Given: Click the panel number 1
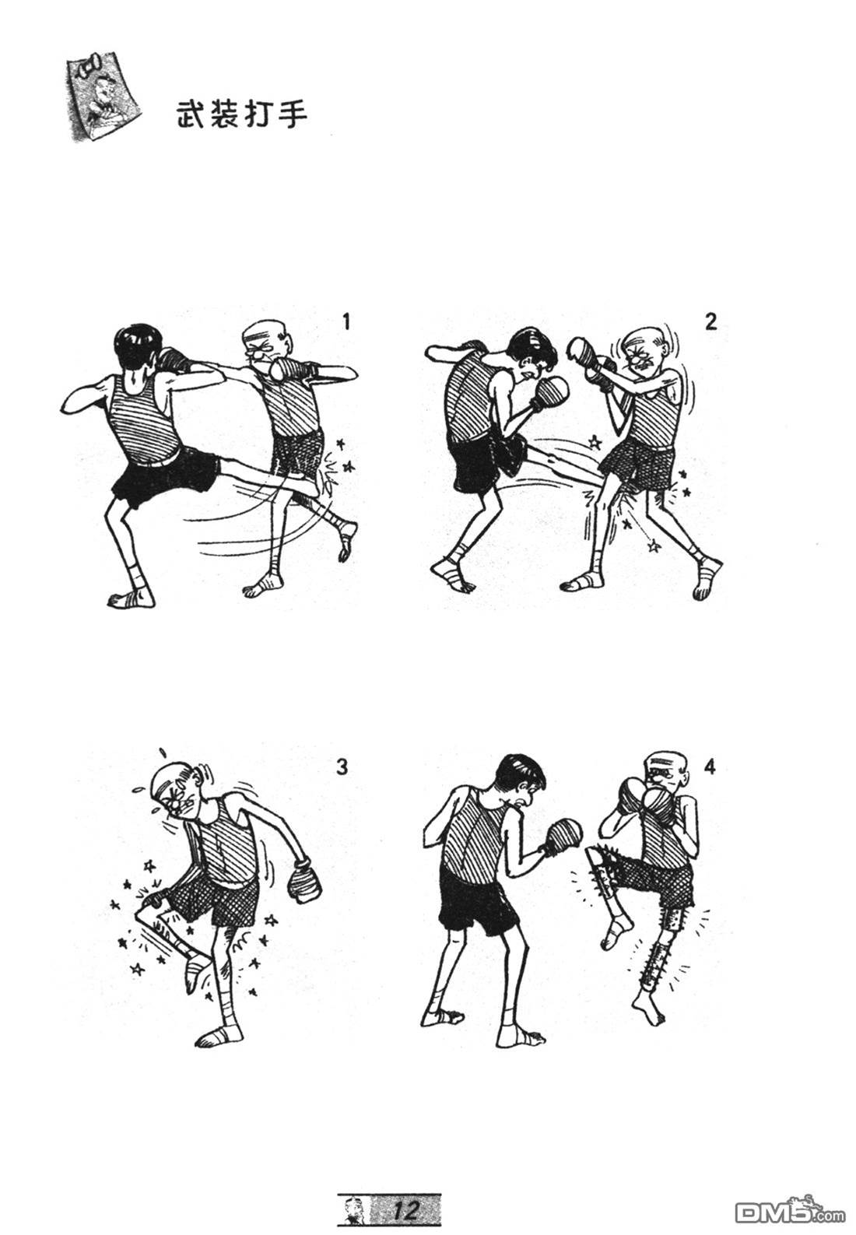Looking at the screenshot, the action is click(346, 321).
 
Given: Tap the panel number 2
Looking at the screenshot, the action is click(711, 321).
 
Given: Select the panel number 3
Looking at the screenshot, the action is click(342, 767).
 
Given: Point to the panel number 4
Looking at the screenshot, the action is click(710, 767).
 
